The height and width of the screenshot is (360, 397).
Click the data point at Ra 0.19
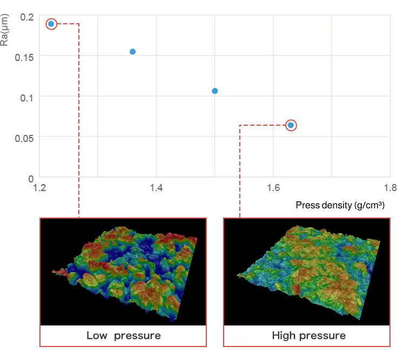(x=51, y=24)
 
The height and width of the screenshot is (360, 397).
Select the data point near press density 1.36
(x=132, y=52)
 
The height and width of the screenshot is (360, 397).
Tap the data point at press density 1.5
(x=215, y=91)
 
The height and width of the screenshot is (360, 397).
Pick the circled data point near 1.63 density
(x=291, y=125)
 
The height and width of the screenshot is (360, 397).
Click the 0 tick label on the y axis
(x=31, y=178)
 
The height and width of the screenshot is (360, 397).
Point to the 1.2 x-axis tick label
(x=39, y=188)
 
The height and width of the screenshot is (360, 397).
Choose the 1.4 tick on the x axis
(x=156, y=188)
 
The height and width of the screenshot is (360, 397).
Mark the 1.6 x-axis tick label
(x=273, y=188)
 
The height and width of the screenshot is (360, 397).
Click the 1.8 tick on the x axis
(x=390, y=188)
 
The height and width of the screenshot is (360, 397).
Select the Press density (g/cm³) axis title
(x=340, y=205)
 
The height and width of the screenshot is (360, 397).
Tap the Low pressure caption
(x=123, y=336)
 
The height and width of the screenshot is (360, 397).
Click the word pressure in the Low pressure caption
(x=137, y=336)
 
